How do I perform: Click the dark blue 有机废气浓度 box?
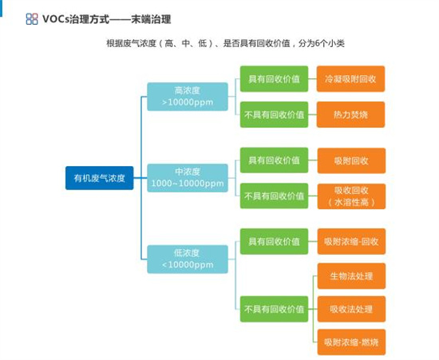click(x=100, y=178)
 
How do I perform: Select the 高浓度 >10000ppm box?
click(x=188, y=97)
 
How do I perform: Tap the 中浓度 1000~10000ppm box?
click(x=188, y=178)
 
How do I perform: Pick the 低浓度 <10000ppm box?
click(x=188, y=259)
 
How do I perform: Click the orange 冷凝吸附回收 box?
click(x=350, y=79)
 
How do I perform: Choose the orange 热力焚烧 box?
click(x=350, y=114)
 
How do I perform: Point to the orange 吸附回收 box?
click(x=351, y=160)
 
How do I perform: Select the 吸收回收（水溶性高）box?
click(x=351, y=196)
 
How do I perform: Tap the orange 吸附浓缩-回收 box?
click(x=351, y=241)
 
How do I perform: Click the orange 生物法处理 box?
click(x=351, y=276)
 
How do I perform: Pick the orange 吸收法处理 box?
click(x=351, y=309)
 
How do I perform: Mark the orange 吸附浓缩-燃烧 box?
click(x=351, y=342)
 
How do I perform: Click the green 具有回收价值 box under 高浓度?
click(x=274, y=79)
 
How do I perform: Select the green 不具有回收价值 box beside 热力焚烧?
click(x=274, y=114)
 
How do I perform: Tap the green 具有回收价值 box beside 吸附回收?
click(x=274, y=160)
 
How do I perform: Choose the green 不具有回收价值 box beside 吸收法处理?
click(x=274, y=309)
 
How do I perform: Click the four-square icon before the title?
click(x=32, y=19)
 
